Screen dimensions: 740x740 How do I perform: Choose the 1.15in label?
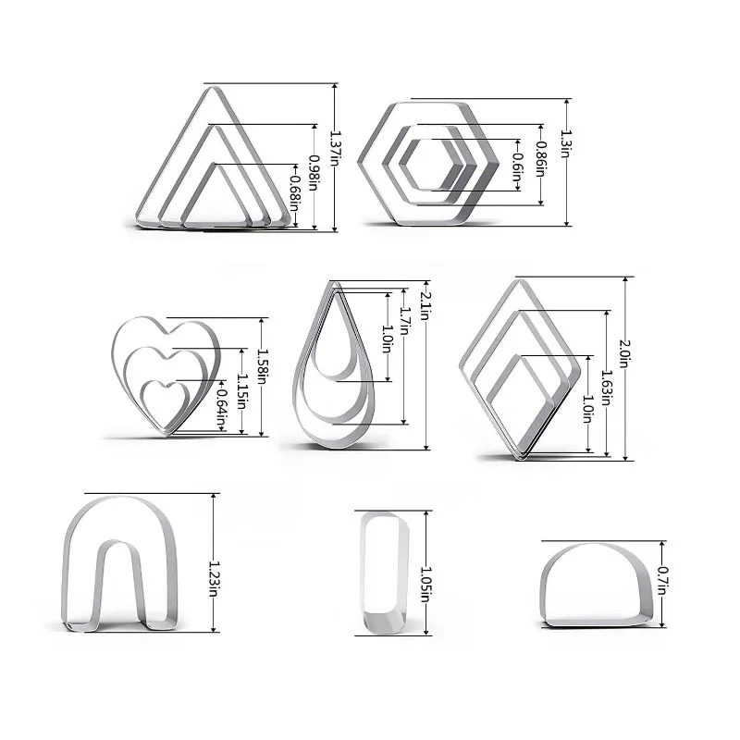pos(242,388)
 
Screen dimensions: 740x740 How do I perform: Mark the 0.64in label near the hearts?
pos(222,405)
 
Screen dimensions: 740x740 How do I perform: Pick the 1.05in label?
pos(426,583)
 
